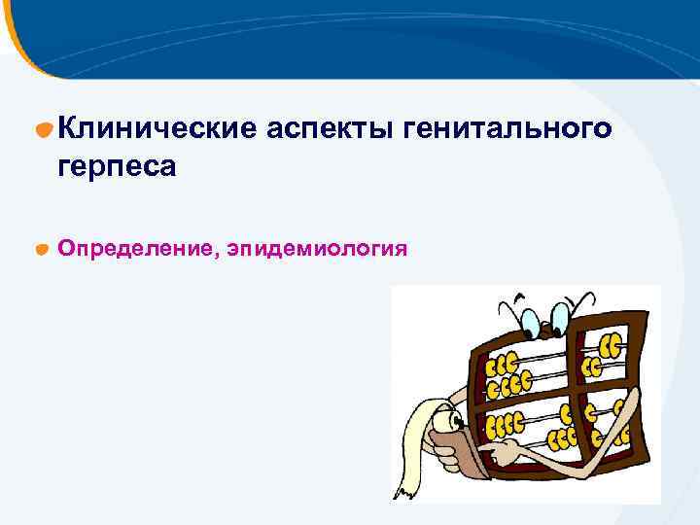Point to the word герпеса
coord(117,166)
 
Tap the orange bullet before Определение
coord(43,250)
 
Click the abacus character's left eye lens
coord(530,322)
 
